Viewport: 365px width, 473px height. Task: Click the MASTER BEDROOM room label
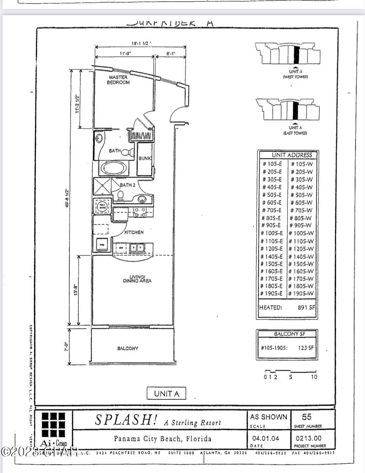click(118, 80)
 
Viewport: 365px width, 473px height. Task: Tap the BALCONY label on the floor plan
click(128, 348)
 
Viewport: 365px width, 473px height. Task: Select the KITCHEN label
click(134, 232)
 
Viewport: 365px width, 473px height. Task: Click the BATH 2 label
click(127, 185)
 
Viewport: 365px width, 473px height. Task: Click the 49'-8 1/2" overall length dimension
click(67, 197)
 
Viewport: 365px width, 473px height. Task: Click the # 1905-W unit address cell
click(301, 293)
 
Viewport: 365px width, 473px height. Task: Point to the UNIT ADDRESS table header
click(287, 155)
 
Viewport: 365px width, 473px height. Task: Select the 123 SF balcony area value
click(306, 348)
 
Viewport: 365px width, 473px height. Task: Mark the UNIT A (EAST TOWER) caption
click(295, 130)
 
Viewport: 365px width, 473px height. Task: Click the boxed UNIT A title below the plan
click(167, 394)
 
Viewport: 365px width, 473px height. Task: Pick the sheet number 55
click(307, 417)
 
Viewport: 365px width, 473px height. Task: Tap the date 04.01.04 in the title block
click(266, 438)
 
